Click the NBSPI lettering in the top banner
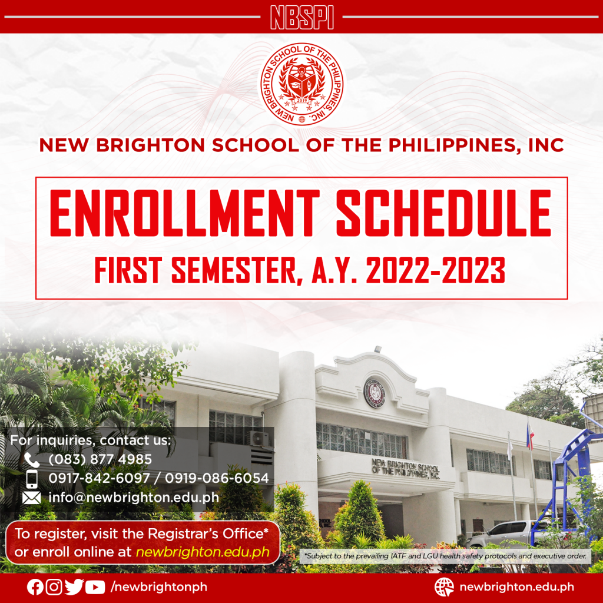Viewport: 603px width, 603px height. pyautogui.click(x=302, y=17)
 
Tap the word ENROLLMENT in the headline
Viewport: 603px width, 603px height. pyautogui.click(x=184, y=213)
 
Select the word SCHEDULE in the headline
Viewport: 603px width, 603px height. pyautogui.click(x=444, y=213)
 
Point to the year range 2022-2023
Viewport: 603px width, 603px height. pyautogui.click(x=435, y=270)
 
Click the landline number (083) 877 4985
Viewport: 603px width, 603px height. pyautogui.click(x=100, y=459)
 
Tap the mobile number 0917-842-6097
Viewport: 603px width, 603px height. pyautogui.click(x=99, y=478)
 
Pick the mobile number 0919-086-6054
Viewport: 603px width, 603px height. pyautogui.click(x=217, y=478)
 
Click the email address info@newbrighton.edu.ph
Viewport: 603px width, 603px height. pyautogui.click(x=134, y=497)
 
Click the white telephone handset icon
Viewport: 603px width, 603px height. pyautogui.click(x=32, y=459)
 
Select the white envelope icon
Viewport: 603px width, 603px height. pyautogui.click(x=32, y=498)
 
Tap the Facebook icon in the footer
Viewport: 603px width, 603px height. pyautogui.click(x=35, y=587)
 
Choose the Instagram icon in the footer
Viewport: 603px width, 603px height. pyautogui.click(x=54, y=587)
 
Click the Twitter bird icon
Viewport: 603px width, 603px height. pyautogui.click(x=74, y=587)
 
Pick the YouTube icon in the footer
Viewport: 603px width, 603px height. pyautogui.click(x=95, y=587)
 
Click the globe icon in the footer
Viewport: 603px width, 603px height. pyautogui.click(x=444, y=587)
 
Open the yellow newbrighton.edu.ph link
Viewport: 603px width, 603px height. pyautogui.click(x=203, y=552)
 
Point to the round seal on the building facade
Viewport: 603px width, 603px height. pyautogui.click(x=374, y=392)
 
